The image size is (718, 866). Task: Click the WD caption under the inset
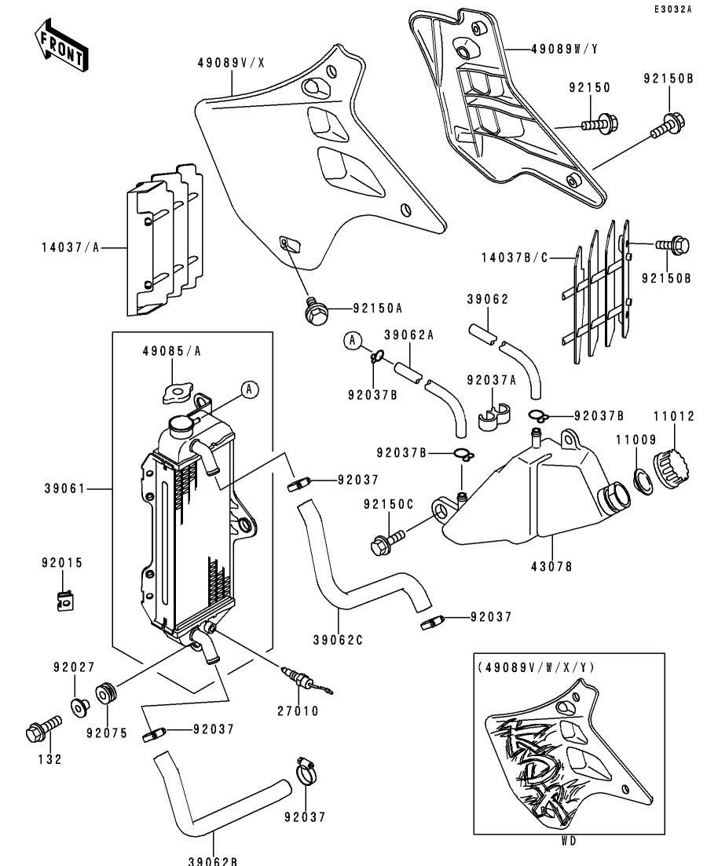[569, 840]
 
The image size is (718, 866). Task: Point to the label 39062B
[212, 860]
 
